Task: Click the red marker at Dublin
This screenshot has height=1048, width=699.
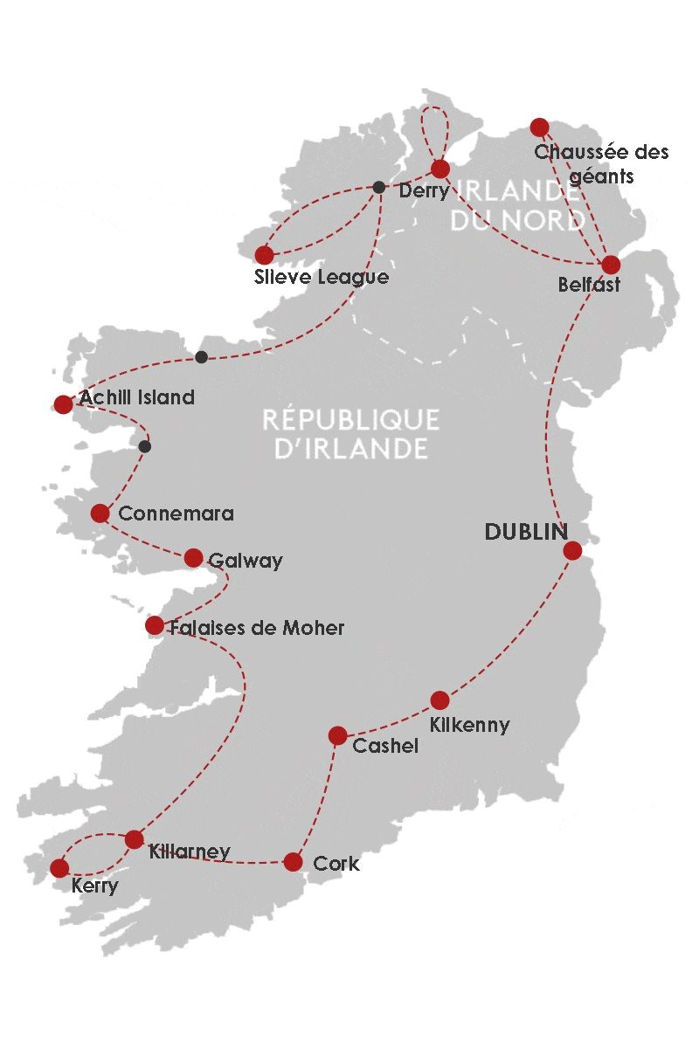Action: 572,550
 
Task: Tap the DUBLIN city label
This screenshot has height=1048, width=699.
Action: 526,532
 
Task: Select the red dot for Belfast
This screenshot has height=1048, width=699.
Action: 611,265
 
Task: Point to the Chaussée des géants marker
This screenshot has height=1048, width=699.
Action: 539,128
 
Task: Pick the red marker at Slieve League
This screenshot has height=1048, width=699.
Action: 264,255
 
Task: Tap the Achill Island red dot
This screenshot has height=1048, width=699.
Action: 63,403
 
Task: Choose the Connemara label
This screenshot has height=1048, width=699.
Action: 176,514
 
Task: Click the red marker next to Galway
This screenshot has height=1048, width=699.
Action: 193,558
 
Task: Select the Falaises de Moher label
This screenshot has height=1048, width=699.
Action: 258,627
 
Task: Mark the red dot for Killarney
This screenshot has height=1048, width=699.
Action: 134,839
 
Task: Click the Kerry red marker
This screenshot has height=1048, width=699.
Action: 59,867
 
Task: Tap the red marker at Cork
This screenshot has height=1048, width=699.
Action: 293,862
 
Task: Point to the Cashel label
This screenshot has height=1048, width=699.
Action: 384,746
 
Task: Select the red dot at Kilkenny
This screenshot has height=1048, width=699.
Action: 439,700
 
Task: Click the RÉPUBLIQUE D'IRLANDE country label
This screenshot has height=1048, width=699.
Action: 350,434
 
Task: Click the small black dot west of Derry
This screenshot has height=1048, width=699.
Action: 378,187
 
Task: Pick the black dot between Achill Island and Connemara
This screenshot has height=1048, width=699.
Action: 145,446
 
